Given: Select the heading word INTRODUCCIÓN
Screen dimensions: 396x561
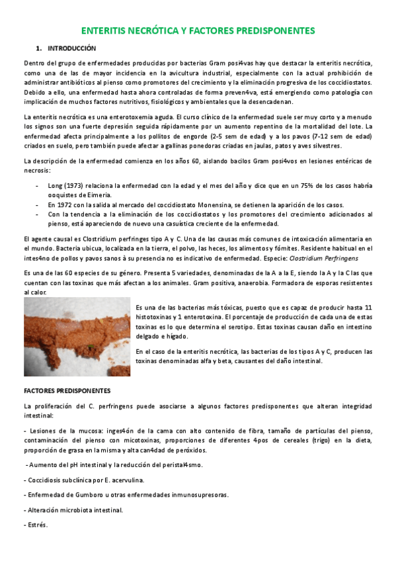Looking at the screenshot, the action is tap(72, 48).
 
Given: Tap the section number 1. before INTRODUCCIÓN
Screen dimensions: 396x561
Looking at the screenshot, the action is tap(39, 48).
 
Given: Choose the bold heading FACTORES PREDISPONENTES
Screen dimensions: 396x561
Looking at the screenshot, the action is tap(67, 391).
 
